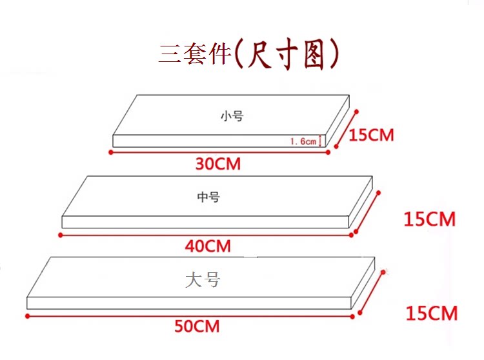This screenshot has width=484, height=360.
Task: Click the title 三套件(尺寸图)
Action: click(x=249, y=55)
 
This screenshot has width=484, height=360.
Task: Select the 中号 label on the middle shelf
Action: click(x=208, y=197)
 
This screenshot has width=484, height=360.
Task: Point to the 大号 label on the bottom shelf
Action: click(x=203, y=280)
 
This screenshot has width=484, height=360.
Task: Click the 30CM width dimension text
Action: click(x=218, y=164)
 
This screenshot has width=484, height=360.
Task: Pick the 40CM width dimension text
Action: click(x=208, y=246)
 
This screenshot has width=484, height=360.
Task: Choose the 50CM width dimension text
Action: click(x=197, y=326)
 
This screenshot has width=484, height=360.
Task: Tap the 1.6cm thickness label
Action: click(x=303, y=141)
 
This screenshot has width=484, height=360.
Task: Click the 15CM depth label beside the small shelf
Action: click(x=371, y=135)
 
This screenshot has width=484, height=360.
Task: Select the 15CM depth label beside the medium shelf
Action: click(x=429, y=219)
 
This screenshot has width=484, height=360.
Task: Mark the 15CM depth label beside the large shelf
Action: click(x=431, y=314)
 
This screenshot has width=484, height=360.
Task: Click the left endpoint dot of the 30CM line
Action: click(x=111, y=152)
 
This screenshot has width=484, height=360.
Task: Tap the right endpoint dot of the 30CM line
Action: click(x=328, y=152)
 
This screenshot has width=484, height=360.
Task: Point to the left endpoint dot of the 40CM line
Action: click(x=61, y=235)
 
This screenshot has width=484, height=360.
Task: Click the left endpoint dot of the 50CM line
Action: click(x=28, y=316)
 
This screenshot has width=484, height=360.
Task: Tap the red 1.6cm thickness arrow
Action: click(x=321, y=141)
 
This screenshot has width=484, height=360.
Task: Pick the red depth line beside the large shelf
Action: click(x=371, y=294)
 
